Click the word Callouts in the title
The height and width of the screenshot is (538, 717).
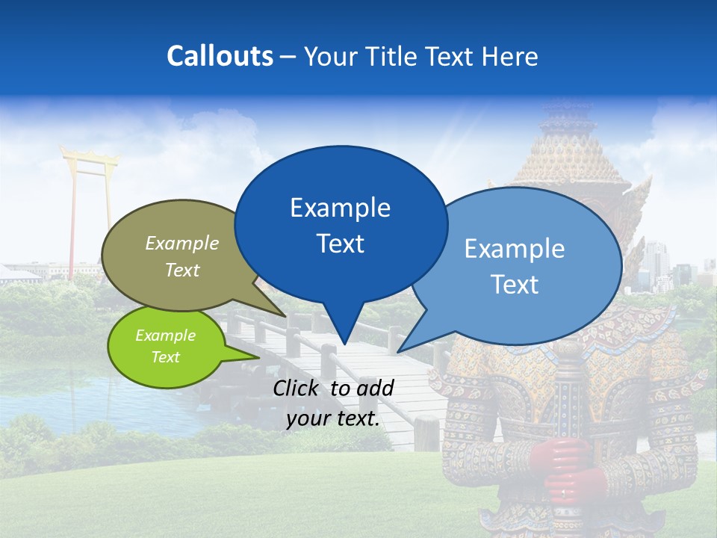pyautogui.click(x=220, y=56)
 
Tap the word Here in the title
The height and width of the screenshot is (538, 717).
pyautogui.click(x=509, y=56)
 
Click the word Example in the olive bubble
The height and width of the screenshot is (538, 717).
pyautogui.click(x=182, y=244)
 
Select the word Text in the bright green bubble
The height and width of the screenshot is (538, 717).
pyautogui.click(x=166, y=357)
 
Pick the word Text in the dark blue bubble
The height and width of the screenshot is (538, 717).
pyautogui.click(x=341, y=244)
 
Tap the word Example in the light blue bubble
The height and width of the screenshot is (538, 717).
pyautogui.click(x=515, y=249)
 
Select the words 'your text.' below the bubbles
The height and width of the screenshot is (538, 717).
pyautogui.click(x=333, y=418)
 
